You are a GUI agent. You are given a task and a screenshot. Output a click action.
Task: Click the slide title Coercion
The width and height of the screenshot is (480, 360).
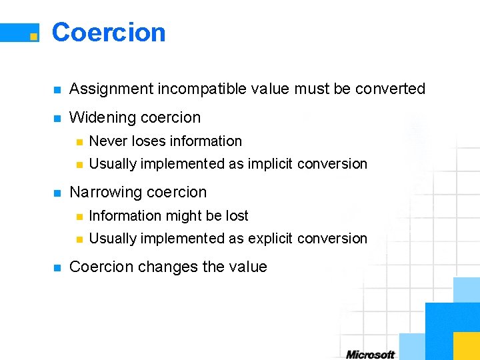[109, 32]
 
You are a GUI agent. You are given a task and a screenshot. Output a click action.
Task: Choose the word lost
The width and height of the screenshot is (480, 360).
[236, 216]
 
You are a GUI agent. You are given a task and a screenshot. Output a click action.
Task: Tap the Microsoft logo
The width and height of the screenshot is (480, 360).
[371, 354]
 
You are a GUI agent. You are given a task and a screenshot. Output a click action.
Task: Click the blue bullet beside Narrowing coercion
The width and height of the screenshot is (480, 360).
[57, 193]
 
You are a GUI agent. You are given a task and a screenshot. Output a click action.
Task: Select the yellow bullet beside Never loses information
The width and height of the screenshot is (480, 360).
[78, 142]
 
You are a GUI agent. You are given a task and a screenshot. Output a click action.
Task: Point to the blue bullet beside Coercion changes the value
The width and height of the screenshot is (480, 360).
[57, 268]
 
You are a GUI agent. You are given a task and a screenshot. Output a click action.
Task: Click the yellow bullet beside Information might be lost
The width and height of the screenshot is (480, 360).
[78, 217]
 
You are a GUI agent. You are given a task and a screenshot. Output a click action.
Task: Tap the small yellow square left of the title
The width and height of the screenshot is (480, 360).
[33, 37]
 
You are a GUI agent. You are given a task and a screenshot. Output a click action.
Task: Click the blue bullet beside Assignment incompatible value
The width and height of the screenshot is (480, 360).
[57, 90]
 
